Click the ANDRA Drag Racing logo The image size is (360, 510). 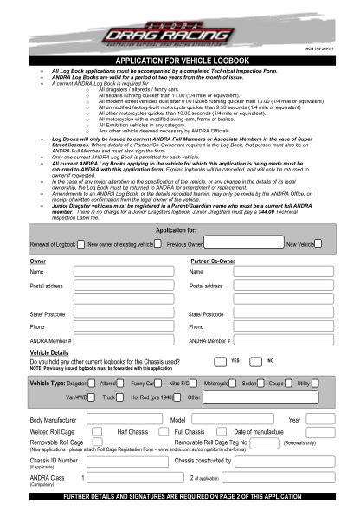click(x=180, y=32)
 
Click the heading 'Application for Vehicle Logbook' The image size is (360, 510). click(x=180, y=59)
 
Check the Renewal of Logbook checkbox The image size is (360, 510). click(x=80, y=244)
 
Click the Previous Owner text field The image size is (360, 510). click(x=241, y=244)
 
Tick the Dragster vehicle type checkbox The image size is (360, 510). click(x=93, y=382)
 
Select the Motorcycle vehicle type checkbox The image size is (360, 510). click(x=234, y=382)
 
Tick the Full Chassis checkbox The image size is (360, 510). click(x=213, y=431)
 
